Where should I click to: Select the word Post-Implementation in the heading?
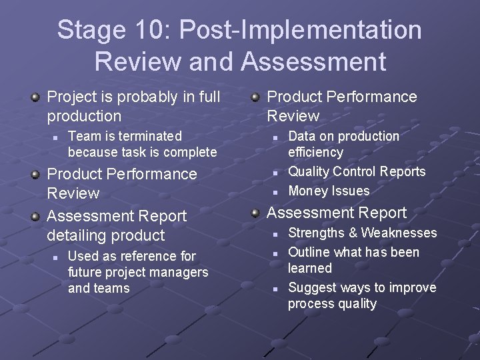tap(301, 30)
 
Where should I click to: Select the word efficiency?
tap(315, 152)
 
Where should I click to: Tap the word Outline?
tap(308, 252)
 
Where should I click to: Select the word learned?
tap(309, 268)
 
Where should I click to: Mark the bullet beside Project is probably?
tap(35, 97)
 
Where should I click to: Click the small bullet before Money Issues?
tap(274, 191)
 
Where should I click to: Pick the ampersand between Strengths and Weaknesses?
tap(352, 233)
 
